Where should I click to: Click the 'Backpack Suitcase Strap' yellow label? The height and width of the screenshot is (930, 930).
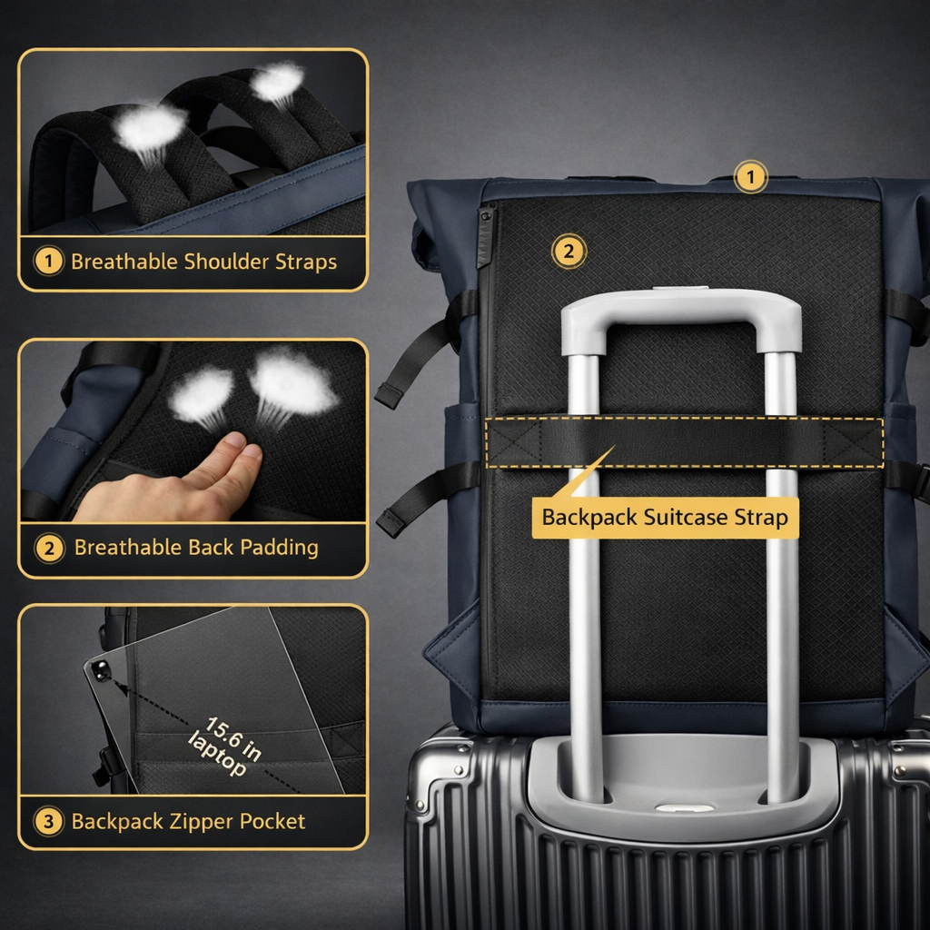coord(665,518)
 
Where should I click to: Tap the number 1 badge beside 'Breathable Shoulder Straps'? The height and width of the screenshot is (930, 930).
coord(49,262)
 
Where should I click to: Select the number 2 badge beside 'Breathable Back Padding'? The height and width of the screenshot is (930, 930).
coord(49,548)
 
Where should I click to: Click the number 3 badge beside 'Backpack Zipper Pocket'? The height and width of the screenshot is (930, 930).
coord(49,822)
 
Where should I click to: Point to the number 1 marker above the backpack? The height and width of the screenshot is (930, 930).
coord(750,177)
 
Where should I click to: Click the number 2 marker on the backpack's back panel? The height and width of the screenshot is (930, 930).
coord(569,252)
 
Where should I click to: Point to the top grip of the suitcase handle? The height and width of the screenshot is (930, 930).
coord(681,307)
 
